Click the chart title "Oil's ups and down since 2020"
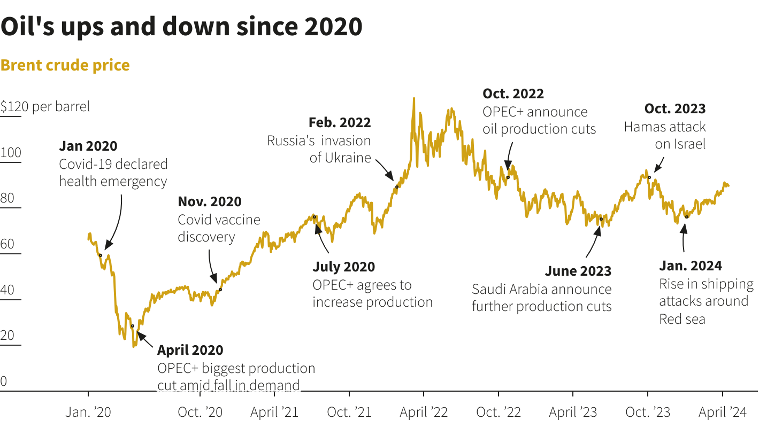click(x=181, y=27)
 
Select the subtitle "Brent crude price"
click(x=65, y=65)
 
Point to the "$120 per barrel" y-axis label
click(x=45, y=106)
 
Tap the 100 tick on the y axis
click(x=11, y=153)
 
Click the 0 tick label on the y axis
click(x=4, y=382)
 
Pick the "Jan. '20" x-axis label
click(x=88, y=413)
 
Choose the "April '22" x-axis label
click(x=424, y=413)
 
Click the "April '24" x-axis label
click(x=723, y=413)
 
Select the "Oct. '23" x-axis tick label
click(x=648, y=413)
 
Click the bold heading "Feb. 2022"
click(x=340, y=122)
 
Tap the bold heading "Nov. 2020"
click(x=210, y=201)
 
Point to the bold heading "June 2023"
click(x=578, y=271)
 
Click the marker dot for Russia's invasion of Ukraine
click(x=397, y=186)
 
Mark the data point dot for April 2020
click(x=133, y=325)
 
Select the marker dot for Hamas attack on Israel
click(x=649, y=177)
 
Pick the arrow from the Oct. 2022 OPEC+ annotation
click(x=509, y=156)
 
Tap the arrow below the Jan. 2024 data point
click(x=683, y=238)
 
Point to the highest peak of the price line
click(x=413, y=98)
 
